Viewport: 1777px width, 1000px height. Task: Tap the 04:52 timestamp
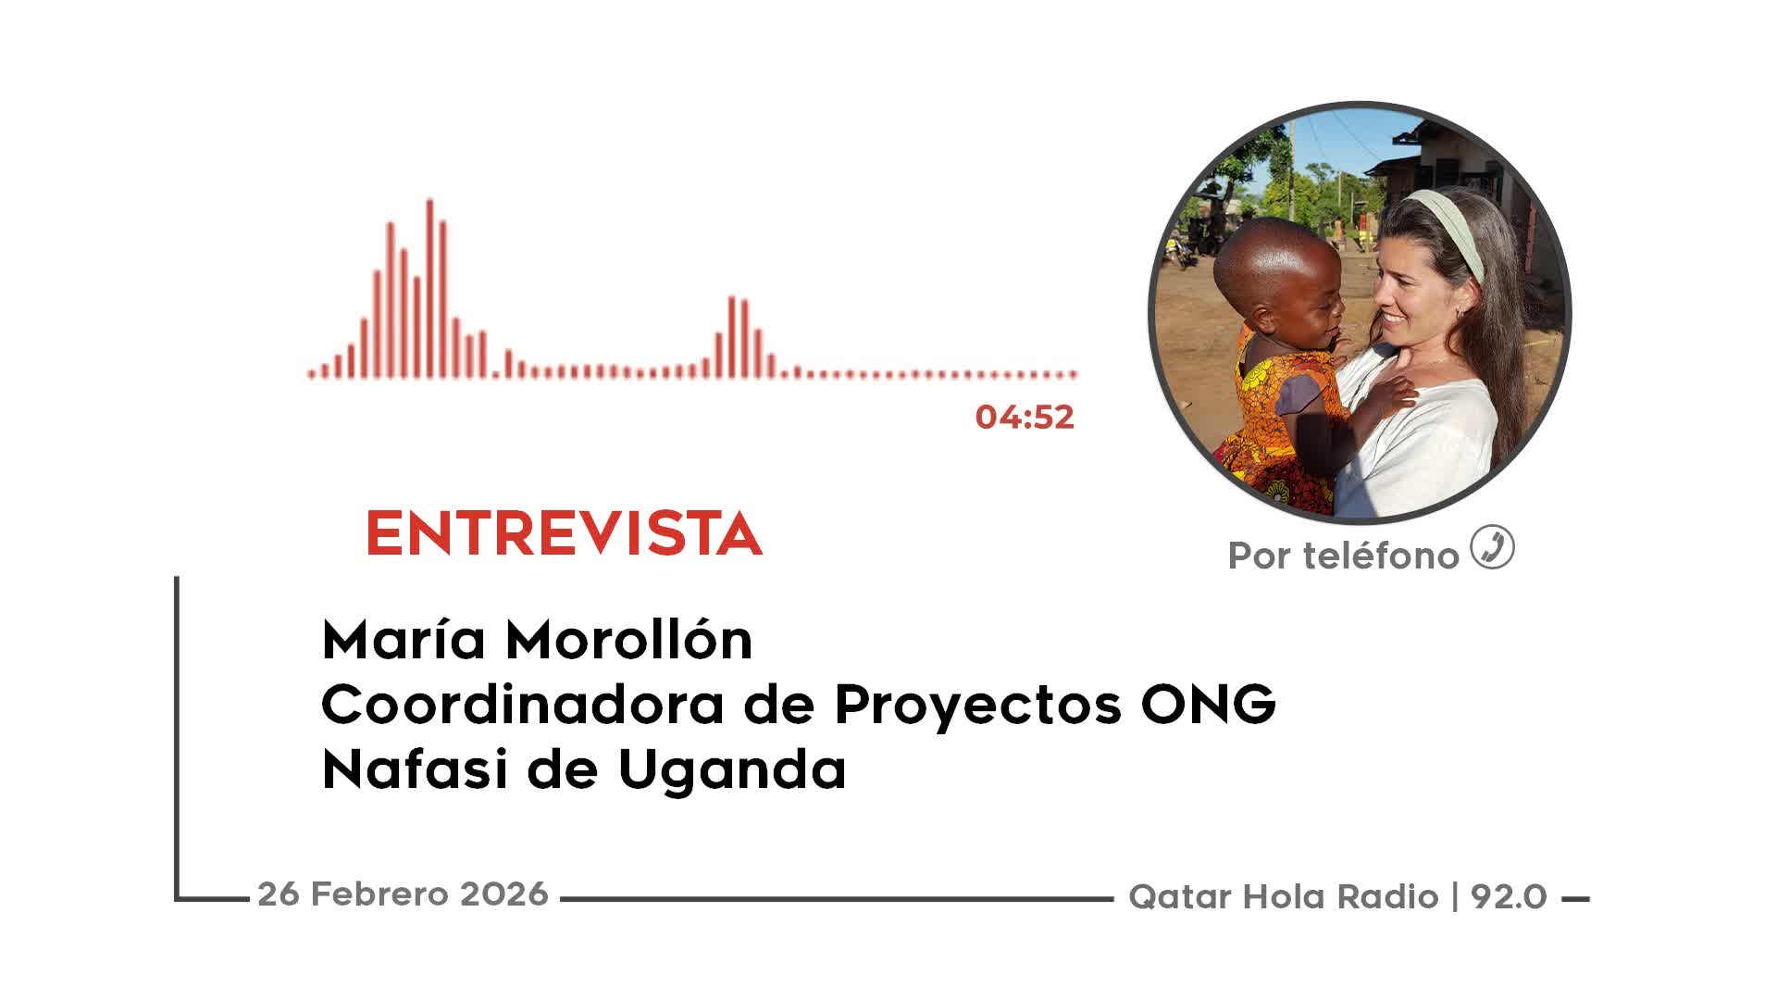point(1025,417)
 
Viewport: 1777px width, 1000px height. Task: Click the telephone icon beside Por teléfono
point(1492,546)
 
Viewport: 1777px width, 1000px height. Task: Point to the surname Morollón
point(628,639)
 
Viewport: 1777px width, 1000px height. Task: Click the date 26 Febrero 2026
point(403,894)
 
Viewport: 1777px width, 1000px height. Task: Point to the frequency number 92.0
point(1509,896)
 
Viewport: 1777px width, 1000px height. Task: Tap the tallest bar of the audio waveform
point(429,288)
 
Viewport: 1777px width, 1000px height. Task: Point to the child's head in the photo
point(1277,278)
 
